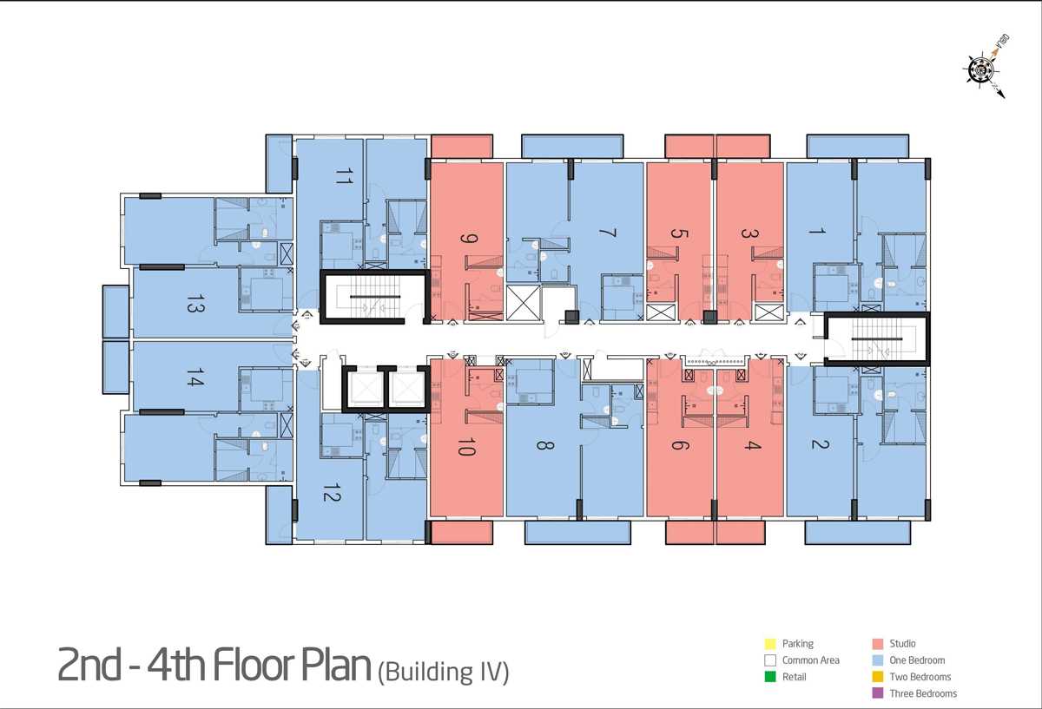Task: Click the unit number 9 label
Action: tap(468, 239)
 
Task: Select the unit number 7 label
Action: tap(607, 233)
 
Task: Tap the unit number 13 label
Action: tap(195, 303)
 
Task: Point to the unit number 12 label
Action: tap(332, 493)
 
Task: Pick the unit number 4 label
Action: tap(752, 445)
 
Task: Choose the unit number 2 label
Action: tap(820, 444)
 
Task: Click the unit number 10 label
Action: tap(466, 447)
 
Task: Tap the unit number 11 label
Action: tap(344, 176)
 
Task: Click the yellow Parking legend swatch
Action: tap(770, 644)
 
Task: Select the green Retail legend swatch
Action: tap(770, 677)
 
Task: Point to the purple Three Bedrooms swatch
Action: tap(878, 693)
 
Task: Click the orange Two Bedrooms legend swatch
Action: tap(878, 677)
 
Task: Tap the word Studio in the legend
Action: tap(902, 643)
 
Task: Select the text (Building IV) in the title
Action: tap(444, 673)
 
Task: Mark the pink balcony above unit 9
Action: tap(462, 147)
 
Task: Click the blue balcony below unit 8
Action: tap(577, 532)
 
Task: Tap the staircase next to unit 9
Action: tap(374, 297)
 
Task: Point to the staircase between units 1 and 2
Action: tap(877, 339)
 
